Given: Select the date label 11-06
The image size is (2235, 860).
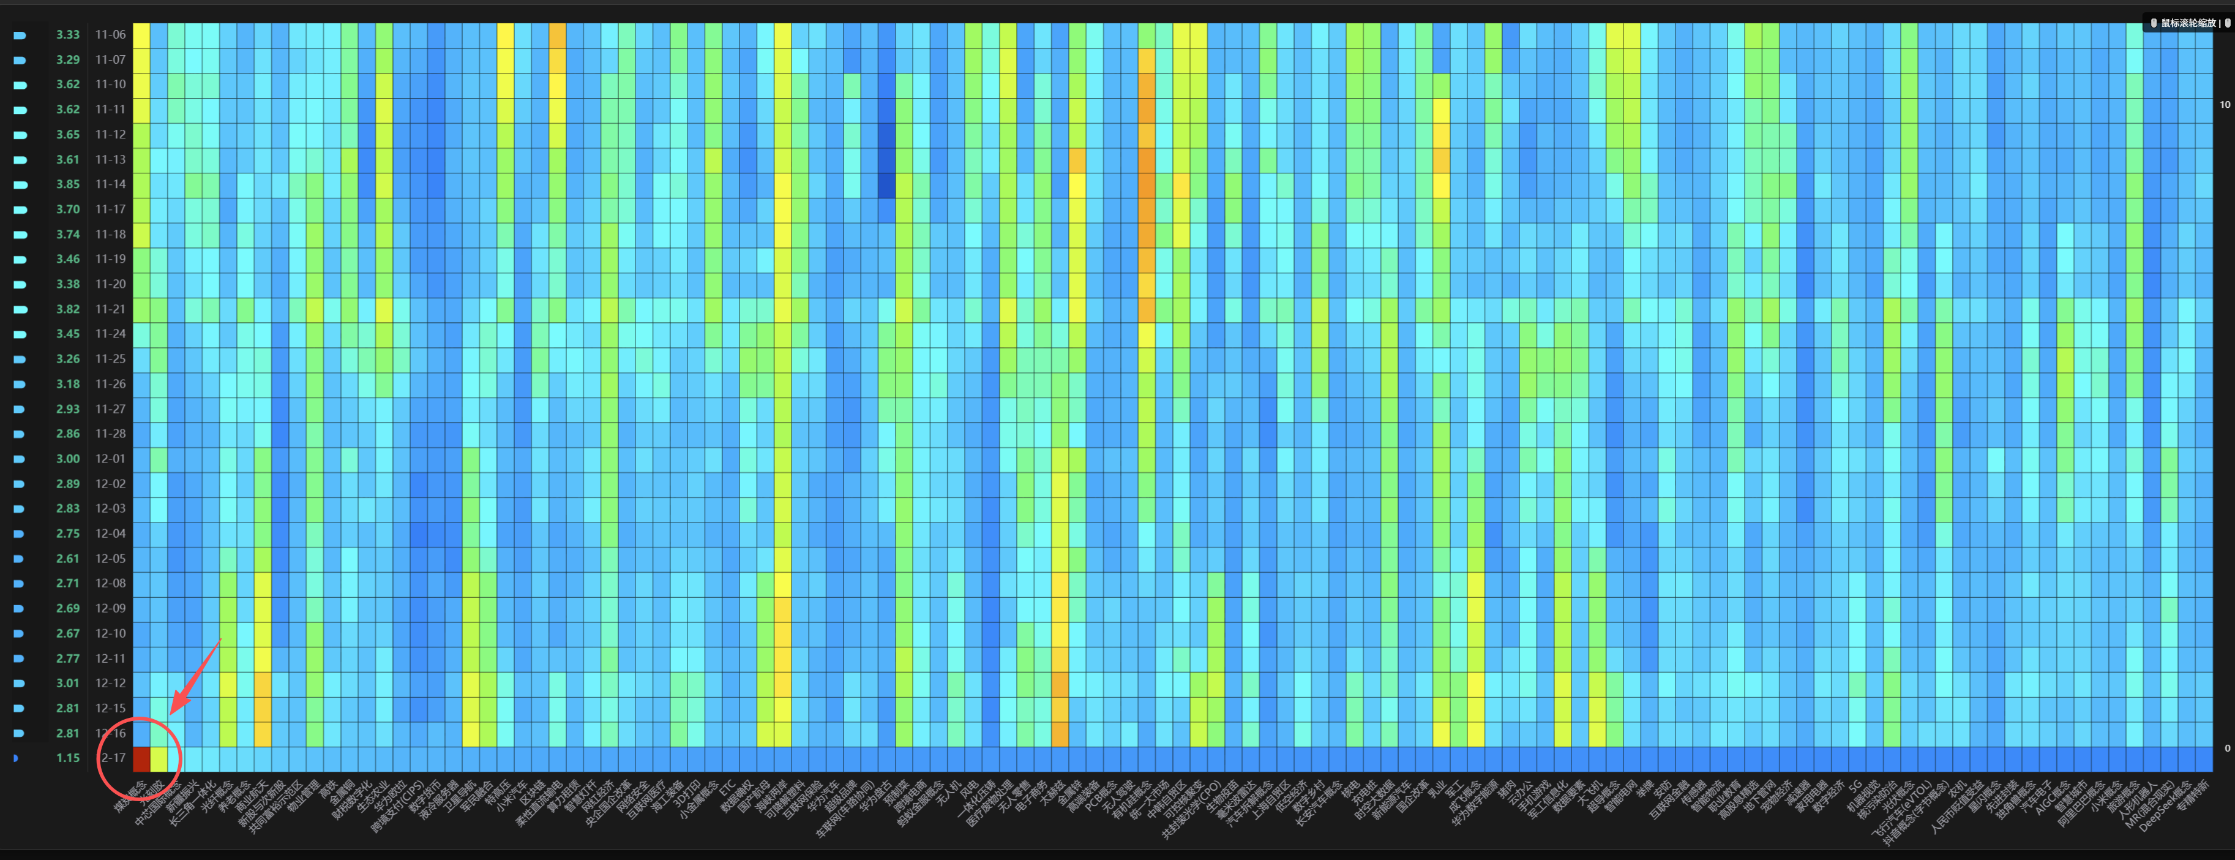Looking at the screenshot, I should click(110, 35).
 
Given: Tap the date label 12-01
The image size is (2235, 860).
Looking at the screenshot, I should click(110, 459).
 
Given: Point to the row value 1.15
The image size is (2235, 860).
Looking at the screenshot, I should click(68, 758).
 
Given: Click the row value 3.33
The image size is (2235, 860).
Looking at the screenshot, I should click(68, 35).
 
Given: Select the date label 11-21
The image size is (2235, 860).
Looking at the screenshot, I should click(110, 309).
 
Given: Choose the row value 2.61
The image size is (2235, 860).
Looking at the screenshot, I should click(68, 559).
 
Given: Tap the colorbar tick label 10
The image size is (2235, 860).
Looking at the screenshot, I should click(2225, 105).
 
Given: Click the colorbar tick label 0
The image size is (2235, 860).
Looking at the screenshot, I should click(2226, 748).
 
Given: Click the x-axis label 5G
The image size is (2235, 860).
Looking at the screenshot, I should click(1855, 787).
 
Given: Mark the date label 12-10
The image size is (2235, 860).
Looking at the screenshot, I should click(110, 633).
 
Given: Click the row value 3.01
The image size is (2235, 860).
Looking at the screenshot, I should click(68, 684).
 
